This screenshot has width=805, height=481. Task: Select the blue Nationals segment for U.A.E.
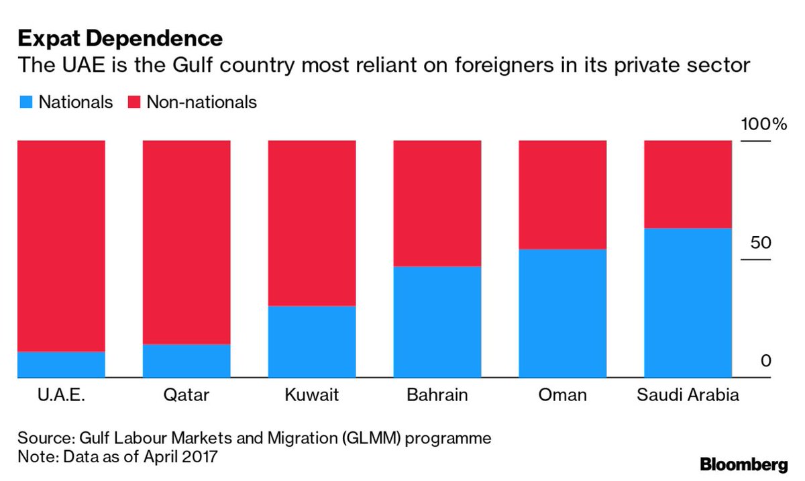pos(61,364)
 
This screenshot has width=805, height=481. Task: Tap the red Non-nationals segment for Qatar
pos(186,242)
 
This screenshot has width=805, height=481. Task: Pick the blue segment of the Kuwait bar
pos(311,341)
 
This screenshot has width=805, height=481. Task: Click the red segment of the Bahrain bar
pos(437,203)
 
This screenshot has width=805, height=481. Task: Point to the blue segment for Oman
pos(562,313)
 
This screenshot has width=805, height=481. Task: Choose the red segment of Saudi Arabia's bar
pos(688,184)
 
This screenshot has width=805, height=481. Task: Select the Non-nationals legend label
pos(201,102)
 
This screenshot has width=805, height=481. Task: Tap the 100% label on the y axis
pos(763,125)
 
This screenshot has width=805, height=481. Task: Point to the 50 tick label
pos(761,243)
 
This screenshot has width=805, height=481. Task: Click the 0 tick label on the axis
pos(766,362)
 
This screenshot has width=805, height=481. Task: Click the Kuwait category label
pos(311,394)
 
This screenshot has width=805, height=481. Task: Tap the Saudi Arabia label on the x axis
pos(688,394)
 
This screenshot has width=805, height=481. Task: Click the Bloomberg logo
pos(743,464)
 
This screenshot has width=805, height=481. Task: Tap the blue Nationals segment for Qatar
pos(186,361)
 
